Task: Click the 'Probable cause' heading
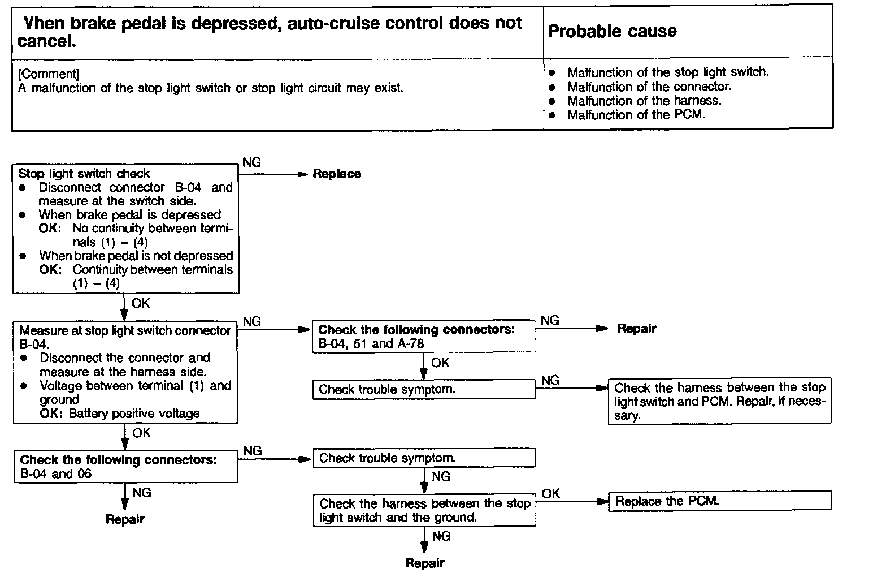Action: coord(613,31)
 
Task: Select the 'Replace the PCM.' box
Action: coord(719,501)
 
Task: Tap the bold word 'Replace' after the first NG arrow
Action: coord(337,174)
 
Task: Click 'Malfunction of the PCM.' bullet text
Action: coord(636,115)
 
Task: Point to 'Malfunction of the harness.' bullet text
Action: coord(644,101)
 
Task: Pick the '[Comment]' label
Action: coord(47,74)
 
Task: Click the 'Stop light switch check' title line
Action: coord(84,173)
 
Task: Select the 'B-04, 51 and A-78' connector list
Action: coord(371,343)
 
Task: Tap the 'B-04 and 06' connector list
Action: coord(56,473)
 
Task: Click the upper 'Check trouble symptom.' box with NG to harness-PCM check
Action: coord(423,389)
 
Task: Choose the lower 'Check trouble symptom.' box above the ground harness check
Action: coord(424,458)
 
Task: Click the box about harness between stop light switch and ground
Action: coord(424,510)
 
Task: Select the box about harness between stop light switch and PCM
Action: coord(719,401)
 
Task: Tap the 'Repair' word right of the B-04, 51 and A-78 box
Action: coord(637,329)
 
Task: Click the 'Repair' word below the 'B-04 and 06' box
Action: coord(125,519)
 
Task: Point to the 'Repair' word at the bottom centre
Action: coord(425,563)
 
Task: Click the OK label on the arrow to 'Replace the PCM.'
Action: coord(550,494)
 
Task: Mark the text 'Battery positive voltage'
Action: coord(134,414)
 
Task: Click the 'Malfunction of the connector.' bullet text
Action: coord(649,87)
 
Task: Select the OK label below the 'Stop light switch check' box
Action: coord(141,303)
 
